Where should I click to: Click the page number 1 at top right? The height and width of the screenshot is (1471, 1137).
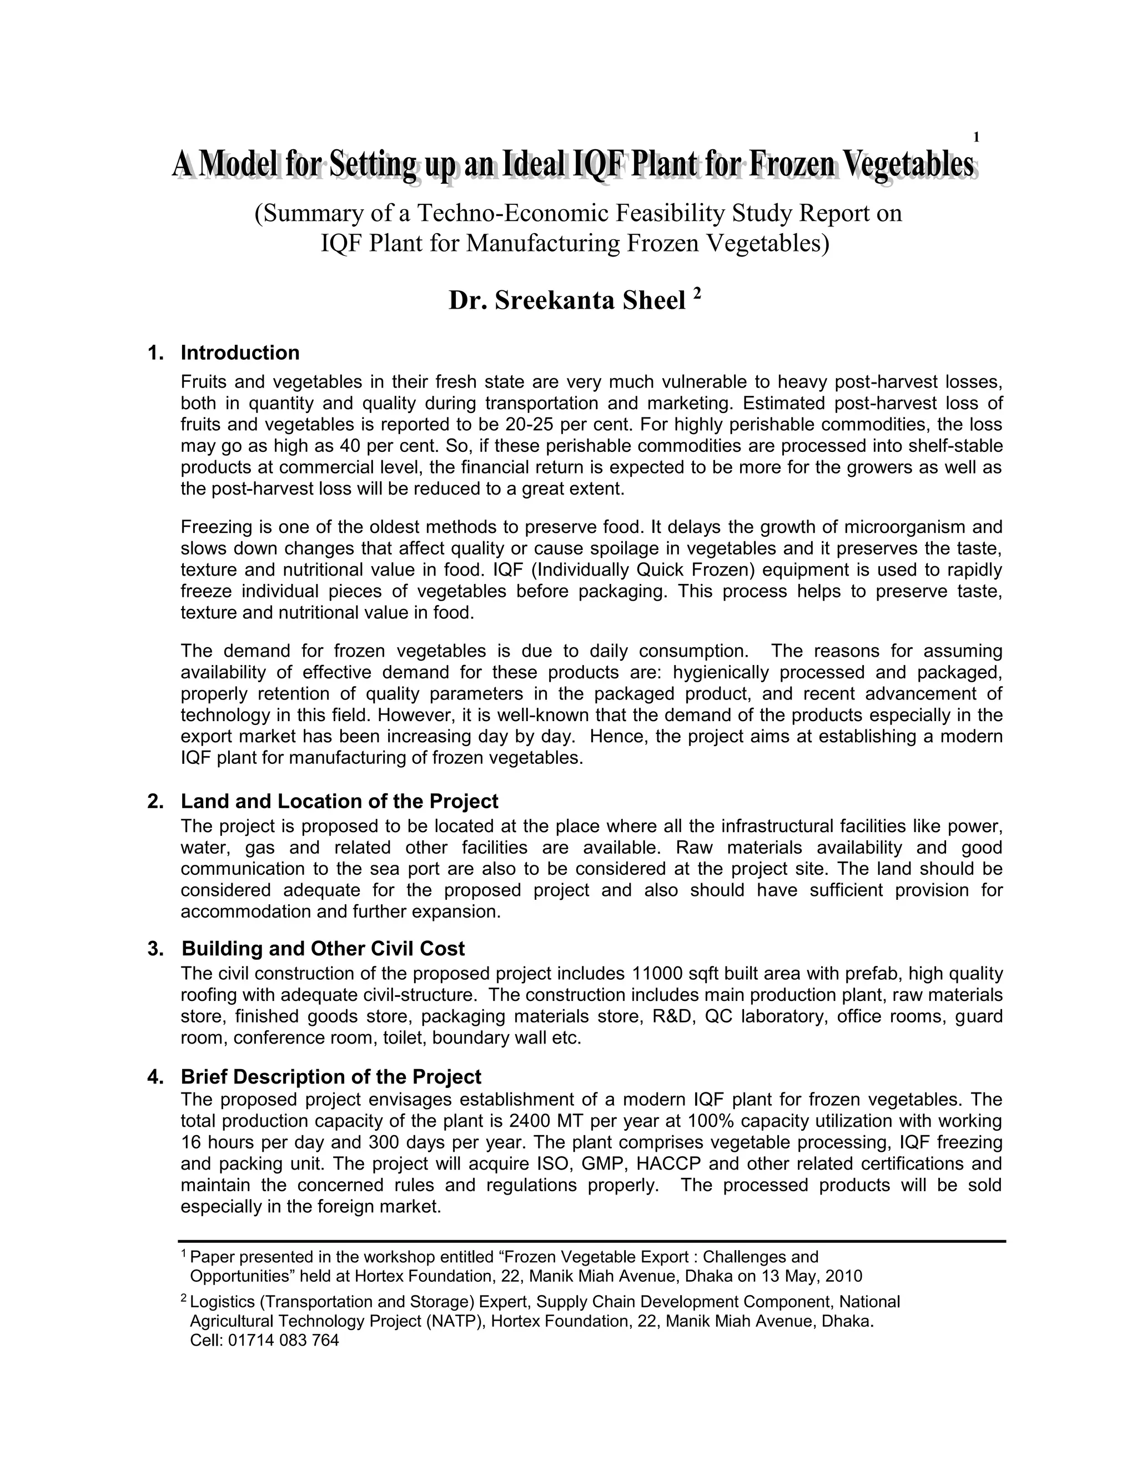[976, 138]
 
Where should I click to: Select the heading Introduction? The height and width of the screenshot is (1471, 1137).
[240, 353]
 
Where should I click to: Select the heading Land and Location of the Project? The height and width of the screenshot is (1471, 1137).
[339, 802]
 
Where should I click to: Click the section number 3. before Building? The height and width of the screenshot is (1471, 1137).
[155, 949]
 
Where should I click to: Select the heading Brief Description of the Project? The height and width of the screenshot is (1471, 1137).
[331, 1077]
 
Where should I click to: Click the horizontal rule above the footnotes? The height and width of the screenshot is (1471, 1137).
[591, 1241]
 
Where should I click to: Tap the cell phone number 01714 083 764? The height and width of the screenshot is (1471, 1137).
[283, 1341]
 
